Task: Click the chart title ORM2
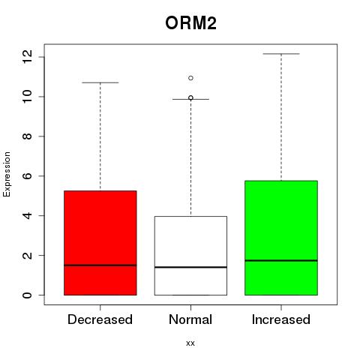click(190, 23)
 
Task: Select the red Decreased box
click(100, 243)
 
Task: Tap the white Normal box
click(190, 256)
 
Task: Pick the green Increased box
click(281, 238)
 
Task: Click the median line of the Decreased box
click(100, 265)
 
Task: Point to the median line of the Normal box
click(190, 267)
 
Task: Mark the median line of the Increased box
click(281, 260)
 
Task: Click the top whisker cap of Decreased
click(100, 82)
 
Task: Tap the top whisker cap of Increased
click(281, 54)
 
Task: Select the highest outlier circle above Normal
click(190, 78)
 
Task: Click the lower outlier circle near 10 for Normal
click(190, 97)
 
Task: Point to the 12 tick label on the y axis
click(27, 57)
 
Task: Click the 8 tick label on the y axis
click(27, 136)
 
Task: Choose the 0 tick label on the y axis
click(27, 295)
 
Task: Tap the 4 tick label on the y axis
click(27, 215)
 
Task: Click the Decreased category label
click(100, 319)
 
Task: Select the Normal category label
click(190, 319)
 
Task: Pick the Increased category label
click(281, 319)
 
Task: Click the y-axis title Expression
click(7, 174)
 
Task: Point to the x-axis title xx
click(190, 343)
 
